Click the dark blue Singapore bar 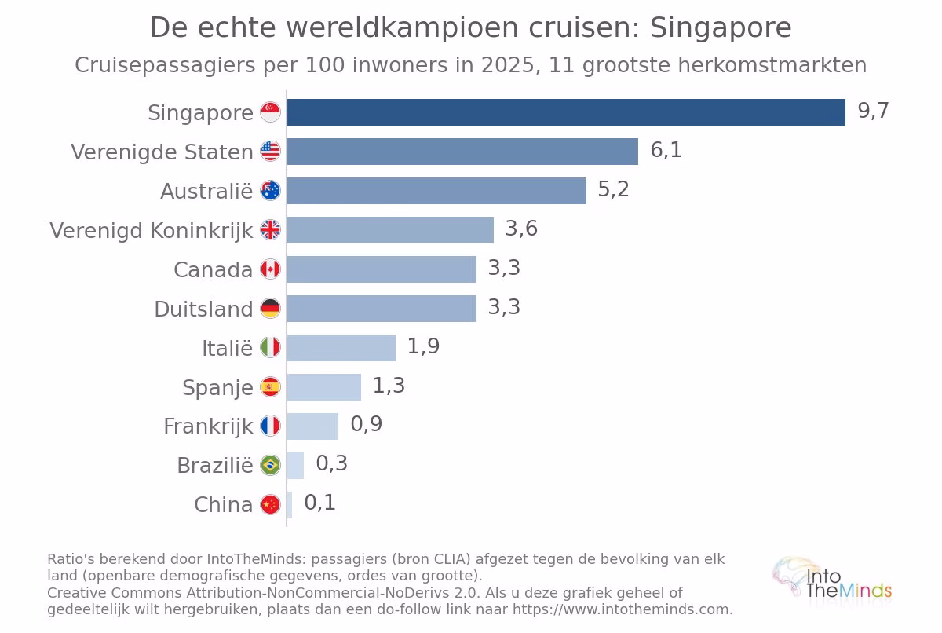point(566,112)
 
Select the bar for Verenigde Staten point(462,152)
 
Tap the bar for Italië point(341,348)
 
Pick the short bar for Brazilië point(295,466)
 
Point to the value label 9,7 point(874,111)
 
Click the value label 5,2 point(614,189)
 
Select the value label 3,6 point(521,229)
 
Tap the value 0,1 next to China point(320,503)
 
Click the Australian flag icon point(270,191)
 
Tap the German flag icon point(270,309)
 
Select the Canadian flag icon point(270,269)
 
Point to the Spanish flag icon point(270,387)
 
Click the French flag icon point(270,426)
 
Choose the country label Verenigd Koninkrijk point(152,231)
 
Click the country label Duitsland point(203,309)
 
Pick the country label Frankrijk point(208,427)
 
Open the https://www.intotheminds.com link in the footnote point(623,609)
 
